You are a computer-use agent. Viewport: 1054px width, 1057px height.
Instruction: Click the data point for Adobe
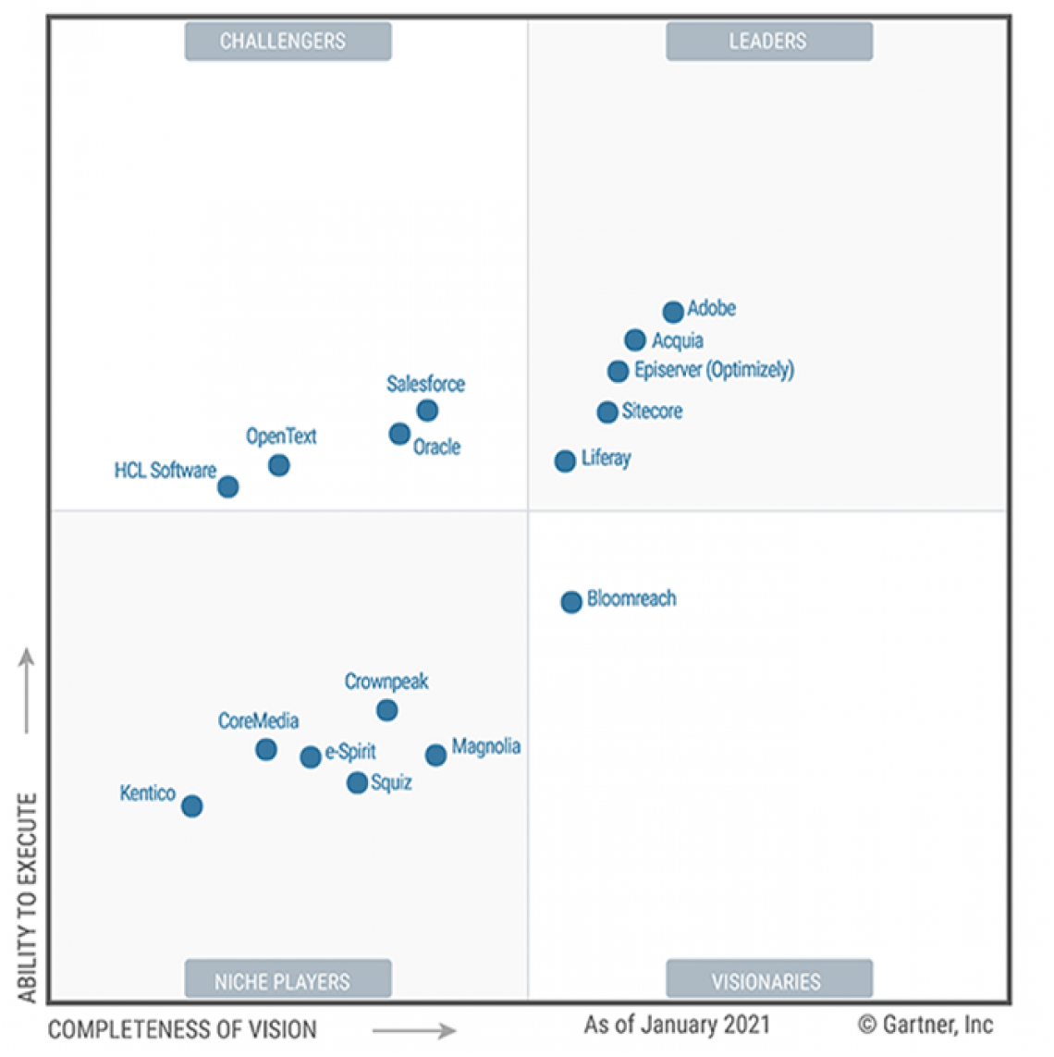click(x=673, y=312)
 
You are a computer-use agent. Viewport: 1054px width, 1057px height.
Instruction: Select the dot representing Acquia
click(x=635, y=340)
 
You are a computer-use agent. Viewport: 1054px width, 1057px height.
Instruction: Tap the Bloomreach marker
click(x=571, y=602)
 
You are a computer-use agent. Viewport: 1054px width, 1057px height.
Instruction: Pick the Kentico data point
click(x=192, y=806)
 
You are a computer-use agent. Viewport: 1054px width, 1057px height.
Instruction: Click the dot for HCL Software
click(x=228, y=486)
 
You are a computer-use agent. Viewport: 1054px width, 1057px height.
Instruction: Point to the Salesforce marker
click(x=427, y=410)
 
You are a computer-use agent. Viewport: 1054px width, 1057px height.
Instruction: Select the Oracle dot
click(x=399, y=434)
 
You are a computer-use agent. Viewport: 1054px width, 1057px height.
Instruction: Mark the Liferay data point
click(x=565, y=461)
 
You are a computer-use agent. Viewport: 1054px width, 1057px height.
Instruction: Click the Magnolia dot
click(x=435, y=756)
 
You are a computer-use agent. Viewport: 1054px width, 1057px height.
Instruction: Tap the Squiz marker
click(x=357, y=783)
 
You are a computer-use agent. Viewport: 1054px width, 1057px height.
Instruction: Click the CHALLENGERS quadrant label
click(x=288, y=42)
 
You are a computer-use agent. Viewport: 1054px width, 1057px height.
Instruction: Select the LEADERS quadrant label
click(x=768, y=42)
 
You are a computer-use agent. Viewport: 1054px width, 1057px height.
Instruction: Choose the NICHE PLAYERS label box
click(x=288, y=980)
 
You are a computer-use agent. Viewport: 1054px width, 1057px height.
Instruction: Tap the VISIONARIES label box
click(x=768, y=980)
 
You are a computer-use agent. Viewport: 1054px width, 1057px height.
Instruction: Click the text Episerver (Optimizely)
click(x=714, y=370)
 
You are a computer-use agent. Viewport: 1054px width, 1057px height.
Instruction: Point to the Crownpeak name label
click(x=386, y=682)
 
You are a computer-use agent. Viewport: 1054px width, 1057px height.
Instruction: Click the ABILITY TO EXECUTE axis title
click(x=28, y=897)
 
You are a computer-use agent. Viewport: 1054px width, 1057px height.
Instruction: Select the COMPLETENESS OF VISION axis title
click(x=182, y=1029)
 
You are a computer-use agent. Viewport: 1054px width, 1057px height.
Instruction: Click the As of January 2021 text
click(x=677, y=1025)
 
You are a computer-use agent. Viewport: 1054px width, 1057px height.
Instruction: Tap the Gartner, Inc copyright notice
click(x=925, y=1025)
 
